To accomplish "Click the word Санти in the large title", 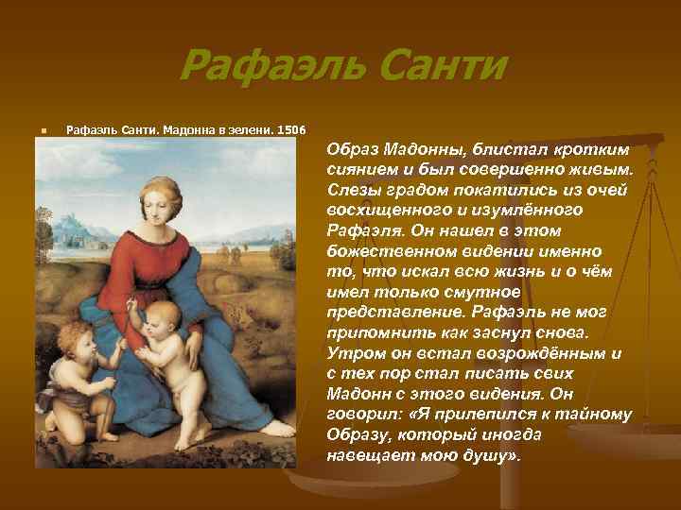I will coord(436,67).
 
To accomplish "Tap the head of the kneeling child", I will coord(79,338).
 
